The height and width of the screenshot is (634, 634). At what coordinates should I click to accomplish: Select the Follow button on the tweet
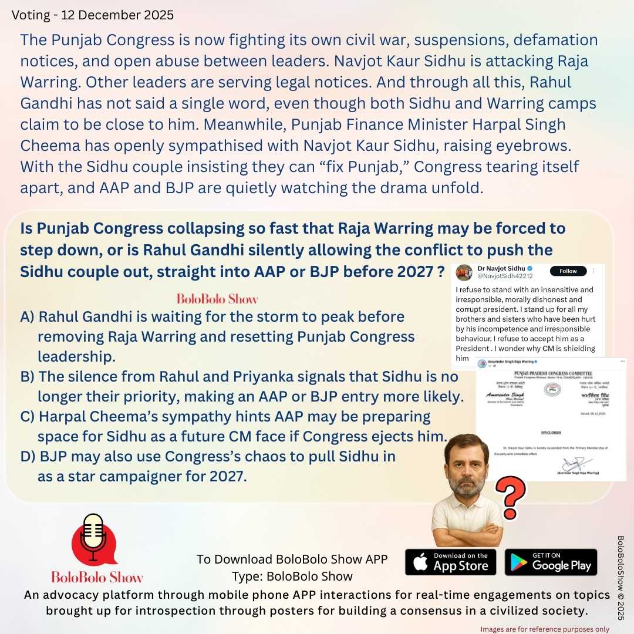pyautogui.click(x=568, y=271)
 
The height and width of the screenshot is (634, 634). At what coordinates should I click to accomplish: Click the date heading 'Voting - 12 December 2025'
pyautogui.click(x=93, y=15)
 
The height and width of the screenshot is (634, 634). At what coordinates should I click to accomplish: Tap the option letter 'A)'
pyautogui.click(x=28, y=317)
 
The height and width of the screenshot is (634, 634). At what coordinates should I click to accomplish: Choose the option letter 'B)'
pyautogui.click(x=28, y=376)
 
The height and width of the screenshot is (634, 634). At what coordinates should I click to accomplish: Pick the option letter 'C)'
pyautogui.click(x=28, y=417)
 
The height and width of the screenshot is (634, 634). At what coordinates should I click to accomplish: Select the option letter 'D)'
pyautogui.click(x=28, y=456)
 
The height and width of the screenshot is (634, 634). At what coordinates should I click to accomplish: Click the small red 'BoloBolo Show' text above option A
pyautogui.click(x=217, y=299)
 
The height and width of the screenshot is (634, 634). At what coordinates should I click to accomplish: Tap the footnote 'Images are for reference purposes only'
pyautogui.click(x=552, y=629)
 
